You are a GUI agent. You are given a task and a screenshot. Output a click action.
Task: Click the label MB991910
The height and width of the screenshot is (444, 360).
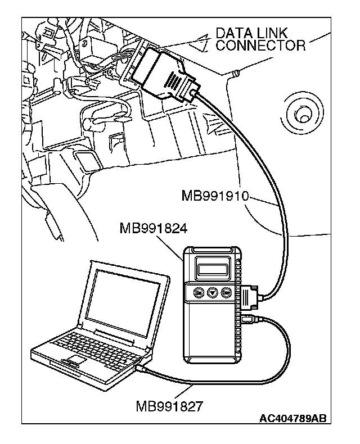click(215, 196)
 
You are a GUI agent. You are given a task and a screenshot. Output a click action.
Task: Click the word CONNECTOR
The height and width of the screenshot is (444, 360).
click(260, 45)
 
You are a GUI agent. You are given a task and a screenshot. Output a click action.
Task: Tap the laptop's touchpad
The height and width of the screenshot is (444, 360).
click(76, 359)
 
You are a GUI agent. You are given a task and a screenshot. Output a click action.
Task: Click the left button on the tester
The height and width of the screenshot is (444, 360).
click(198, 292)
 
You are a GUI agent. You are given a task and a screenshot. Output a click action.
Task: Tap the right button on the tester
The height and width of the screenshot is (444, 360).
click(226, 292)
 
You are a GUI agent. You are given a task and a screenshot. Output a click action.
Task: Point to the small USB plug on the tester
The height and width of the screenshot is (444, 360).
click(252, 321)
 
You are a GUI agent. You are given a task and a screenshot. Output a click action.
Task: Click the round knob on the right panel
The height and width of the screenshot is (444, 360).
click(303, 114)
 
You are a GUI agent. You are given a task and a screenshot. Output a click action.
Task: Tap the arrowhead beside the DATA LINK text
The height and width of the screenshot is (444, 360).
click(199, 39)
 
